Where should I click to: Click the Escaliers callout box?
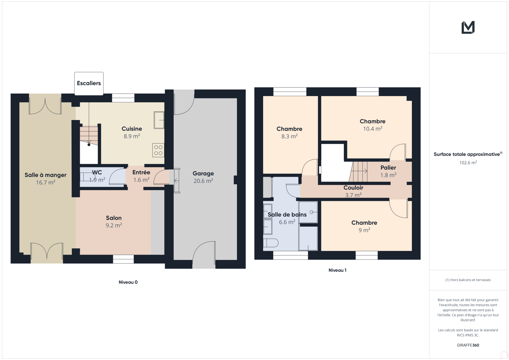coord(89,83)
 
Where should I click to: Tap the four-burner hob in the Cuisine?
coord(158,150)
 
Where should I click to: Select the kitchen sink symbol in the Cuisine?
coord(159,120)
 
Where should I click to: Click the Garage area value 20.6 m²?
coord(203,181)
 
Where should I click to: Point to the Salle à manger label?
coord(45,175)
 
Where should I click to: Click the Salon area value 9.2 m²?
coord(114,225)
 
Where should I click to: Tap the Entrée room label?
coord(141,173)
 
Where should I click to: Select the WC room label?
coord(97,173)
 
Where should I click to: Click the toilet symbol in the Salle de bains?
coord(271,243)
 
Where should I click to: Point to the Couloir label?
coord(353,187)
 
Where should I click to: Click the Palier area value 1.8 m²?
coord(388,175)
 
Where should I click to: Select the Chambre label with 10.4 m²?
coord(373,121)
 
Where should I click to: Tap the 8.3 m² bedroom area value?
coord(289,136)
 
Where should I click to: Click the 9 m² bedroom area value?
coord(364,230)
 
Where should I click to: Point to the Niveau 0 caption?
coord(128,282)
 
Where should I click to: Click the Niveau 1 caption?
coord(338,270)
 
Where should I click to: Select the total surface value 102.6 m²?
coord(468,163)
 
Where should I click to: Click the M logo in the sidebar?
coord(468,27)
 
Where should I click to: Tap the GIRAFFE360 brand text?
coord(468,345)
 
